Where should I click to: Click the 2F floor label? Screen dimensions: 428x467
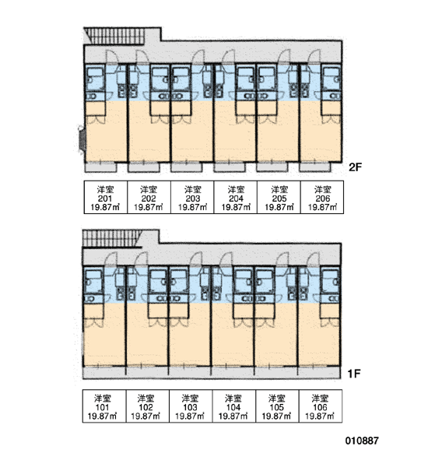click(355, 167)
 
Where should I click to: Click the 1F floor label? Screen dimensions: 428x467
click(354, 373)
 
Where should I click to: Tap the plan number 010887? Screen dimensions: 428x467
click(362, 441)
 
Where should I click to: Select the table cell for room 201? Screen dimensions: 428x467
click(105, 197)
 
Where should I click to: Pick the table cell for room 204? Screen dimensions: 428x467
click(235, 197)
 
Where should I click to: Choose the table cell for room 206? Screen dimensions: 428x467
click(322, 197)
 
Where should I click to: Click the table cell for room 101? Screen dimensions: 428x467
click(104, 406)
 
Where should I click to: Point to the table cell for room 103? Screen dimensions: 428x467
click(191, 406)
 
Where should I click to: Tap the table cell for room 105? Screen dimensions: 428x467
click(277, 406)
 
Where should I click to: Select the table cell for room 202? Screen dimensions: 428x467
click(149, 197)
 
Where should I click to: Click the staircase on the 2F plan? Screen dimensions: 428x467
click(114, 36)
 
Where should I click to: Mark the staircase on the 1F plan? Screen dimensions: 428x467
click(112, 239)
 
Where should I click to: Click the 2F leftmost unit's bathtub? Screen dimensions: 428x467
click(95, 79)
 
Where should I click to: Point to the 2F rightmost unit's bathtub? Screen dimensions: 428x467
click(332, 79)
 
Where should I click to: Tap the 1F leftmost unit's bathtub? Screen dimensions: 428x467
click(93, 281)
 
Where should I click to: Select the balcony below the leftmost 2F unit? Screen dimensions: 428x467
click(100, 167)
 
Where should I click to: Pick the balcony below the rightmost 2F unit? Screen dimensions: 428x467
click(315, 167)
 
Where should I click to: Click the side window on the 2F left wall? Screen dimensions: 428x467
click(82, 140)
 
